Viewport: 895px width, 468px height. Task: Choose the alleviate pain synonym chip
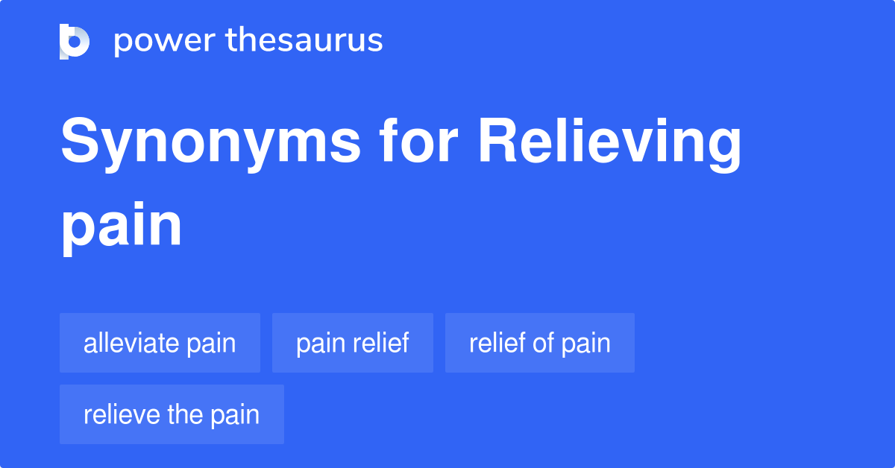coord(160,343)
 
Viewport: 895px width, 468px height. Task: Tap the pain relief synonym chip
coord(352,343)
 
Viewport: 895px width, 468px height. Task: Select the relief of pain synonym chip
coord(539,343)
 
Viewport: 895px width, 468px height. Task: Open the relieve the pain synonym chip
coord(172,414)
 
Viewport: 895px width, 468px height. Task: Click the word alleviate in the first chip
coord(131,343)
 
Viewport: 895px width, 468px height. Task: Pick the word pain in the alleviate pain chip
coord(211,344)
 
